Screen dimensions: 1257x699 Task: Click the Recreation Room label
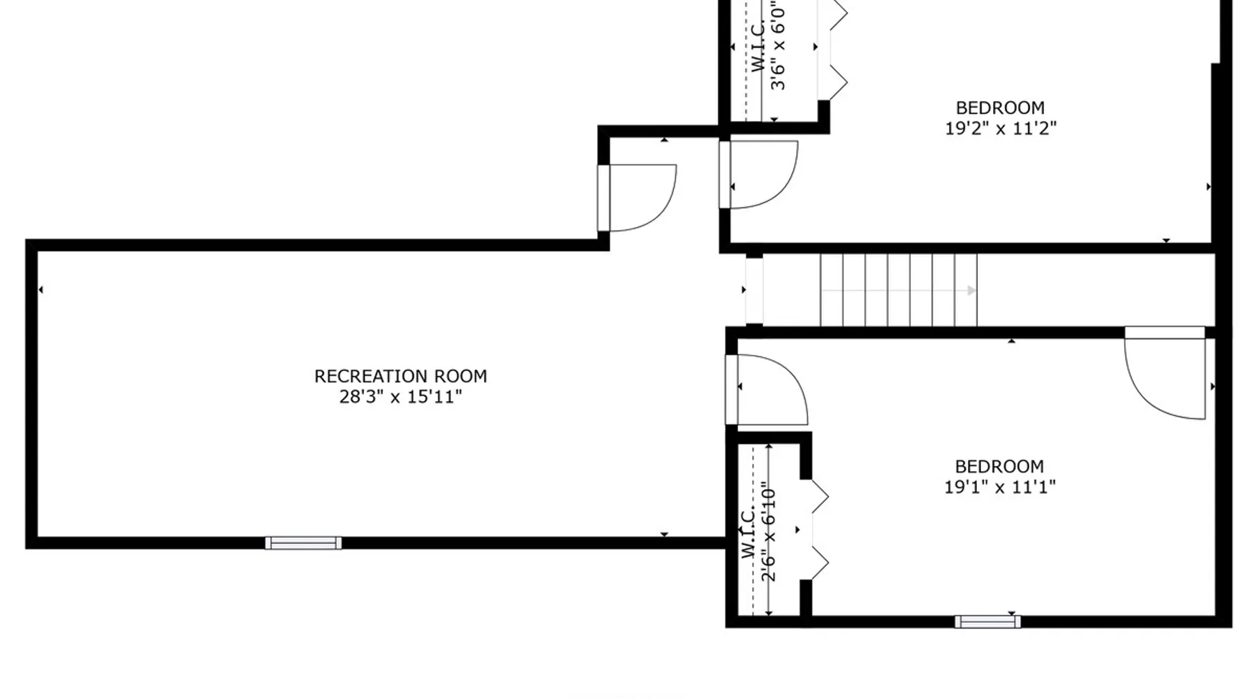pyautogui.click(x=401, y=376)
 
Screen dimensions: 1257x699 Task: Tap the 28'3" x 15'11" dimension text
pyautogui.click(x=401, y=397)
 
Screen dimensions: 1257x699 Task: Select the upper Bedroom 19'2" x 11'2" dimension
pyautogui.click(x=1001, y=129)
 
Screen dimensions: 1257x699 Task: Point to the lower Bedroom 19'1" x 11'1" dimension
pyautogui.click(x=1000, y=487)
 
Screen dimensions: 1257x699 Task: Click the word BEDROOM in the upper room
pyautogui.click(x=1000, y=108)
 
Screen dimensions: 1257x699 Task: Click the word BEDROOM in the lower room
pyautogui.click(x=999, y=466)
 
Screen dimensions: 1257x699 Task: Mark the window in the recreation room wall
pyautogui.click(x=303, y=543)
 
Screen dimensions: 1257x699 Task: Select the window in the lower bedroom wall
pyautogui.click(x=987, y=621)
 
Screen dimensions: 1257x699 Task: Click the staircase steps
pyautogui.click(x=898, y=290)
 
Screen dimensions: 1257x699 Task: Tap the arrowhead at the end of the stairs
pyautogui.click(x=971, y=290)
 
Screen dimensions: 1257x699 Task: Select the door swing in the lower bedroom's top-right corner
pyautogui.click(x=1165, y=373)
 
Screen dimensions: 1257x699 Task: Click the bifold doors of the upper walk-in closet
pyautogui.click(x=833, y=49)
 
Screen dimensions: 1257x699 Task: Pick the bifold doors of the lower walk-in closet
pyautogui.click(x=815, y=530)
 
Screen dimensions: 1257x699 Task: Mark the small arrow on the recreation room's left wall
pyautogui.click(x=41, y=289)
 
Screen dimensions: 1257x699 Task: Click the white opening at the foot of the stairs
pyautogui.click(x=754, y=290)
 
